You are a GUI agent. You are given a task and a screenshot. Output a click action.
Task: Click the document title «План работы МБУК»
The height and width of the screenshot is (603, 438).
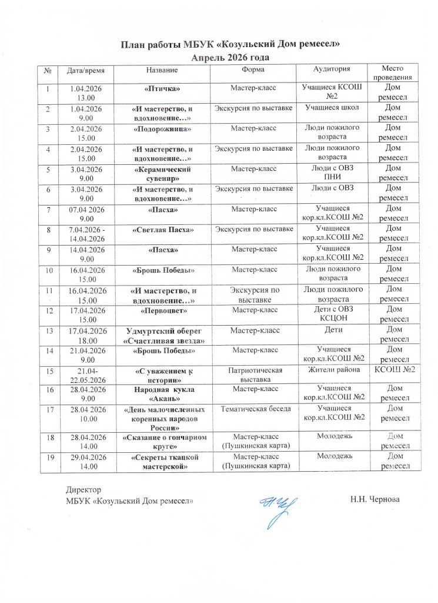tap(231, 45)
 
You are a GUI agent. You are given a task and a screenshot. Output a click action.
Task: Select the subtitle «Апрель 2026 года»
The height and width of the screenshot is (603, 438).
tap(231, 58)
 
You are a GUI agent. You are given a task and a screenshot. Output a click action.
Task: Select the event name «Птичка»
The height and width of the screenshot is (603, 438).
tap(162, 88)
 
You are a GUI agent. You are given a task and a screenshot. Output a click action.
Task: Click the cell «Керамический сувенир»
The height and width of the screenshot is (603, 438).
tap(162, 173)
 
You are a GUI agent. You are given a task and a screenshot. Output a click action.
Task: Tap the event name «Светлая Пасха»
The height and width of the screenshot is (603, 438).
tap(162, 228)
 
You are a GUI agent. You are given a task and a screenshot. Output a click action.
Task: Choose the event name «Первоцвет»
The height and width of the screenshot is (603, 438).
tap(162, 309)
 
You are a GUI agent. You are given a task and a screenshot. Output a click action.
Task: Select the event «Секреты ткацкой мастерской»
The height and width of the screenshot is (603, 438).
tap(162, 461)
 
